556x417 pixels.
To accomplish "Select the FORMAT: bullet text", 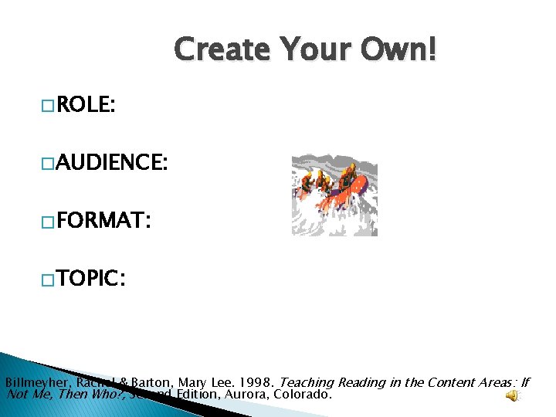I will [100, 222].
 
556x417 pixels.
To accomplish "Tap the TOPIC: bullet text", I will [90, 278].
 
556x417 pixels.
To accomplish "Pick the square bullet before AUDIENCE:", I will [48, 164].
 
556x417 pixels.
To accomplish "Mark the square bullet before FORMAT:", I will [48, 222].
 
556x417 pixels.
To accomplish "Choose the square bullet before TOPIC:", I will [48, 279].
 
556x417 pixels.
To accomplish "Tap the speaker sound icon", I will [512, 396].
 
